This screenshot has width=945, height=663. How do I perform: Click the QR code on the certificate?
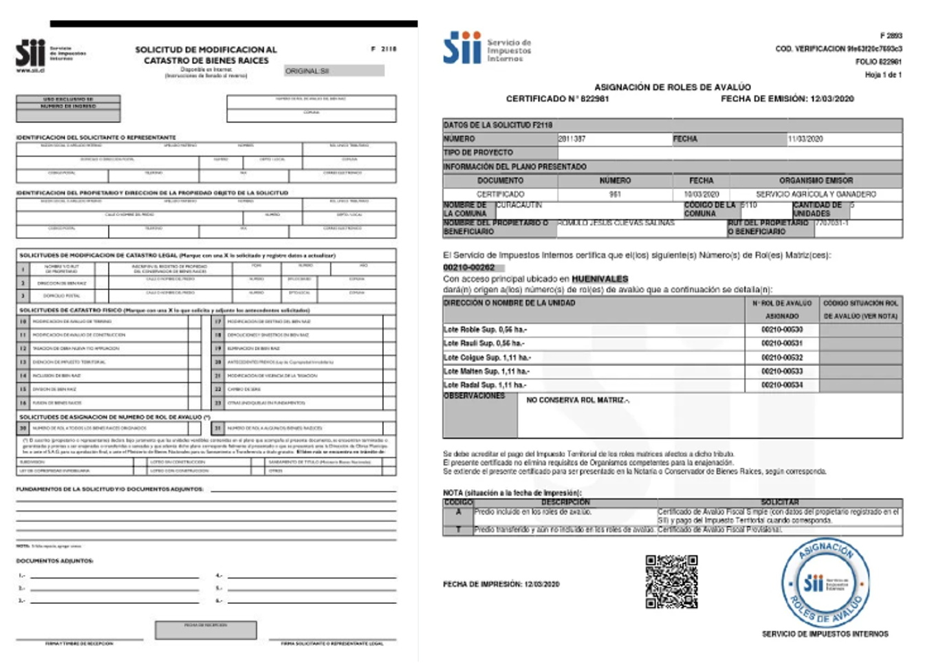click(671, 582)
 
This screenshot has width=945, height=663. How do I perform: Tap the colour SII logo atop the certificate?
click(462, 48)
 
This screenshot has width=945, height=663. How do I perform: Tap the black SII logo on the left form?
click(30, 54)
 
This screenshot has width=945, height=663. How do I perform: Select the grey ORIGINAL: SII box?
click(334, 71)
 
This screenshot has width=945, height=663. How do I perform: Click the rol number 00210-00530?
click(782, 329)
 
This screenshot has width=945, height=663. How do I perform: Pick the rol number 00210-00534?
click(782, 385)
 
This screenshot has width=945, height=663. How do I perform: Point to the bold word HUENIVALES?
click(600, 279)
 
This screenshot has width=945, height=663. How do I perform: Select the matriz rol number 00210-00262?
click(469, 268)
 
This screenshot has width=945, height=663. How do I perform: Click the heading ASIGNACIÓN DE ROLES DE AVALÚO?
click(672, 87)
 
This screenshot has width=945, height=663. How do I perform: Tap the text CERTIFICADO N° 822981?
click(557, 99)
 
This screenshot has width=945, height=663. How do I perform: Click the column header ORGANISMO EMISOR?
click(816, 180)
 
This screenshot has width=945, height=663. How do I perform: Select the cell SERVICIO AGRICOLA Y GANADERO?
click(816, 195)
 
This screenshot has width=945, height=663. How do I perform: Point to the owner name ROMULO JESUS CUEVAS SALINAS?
click(616, 223)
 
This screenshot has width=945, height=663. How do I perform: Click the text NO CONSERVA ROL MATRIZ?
click(578, 400)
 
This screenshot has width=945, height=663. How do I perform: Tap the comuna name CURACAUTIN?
click(519, 205)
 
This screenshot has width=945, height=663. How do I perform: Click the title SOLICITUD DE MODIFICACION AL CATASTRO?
click(206, 55)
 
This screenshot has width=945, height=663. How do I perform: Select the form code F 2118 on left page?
click(384, 49)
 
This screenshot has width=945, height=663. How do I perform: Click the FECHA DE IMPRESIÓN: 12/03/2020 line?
click(501, 585)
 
